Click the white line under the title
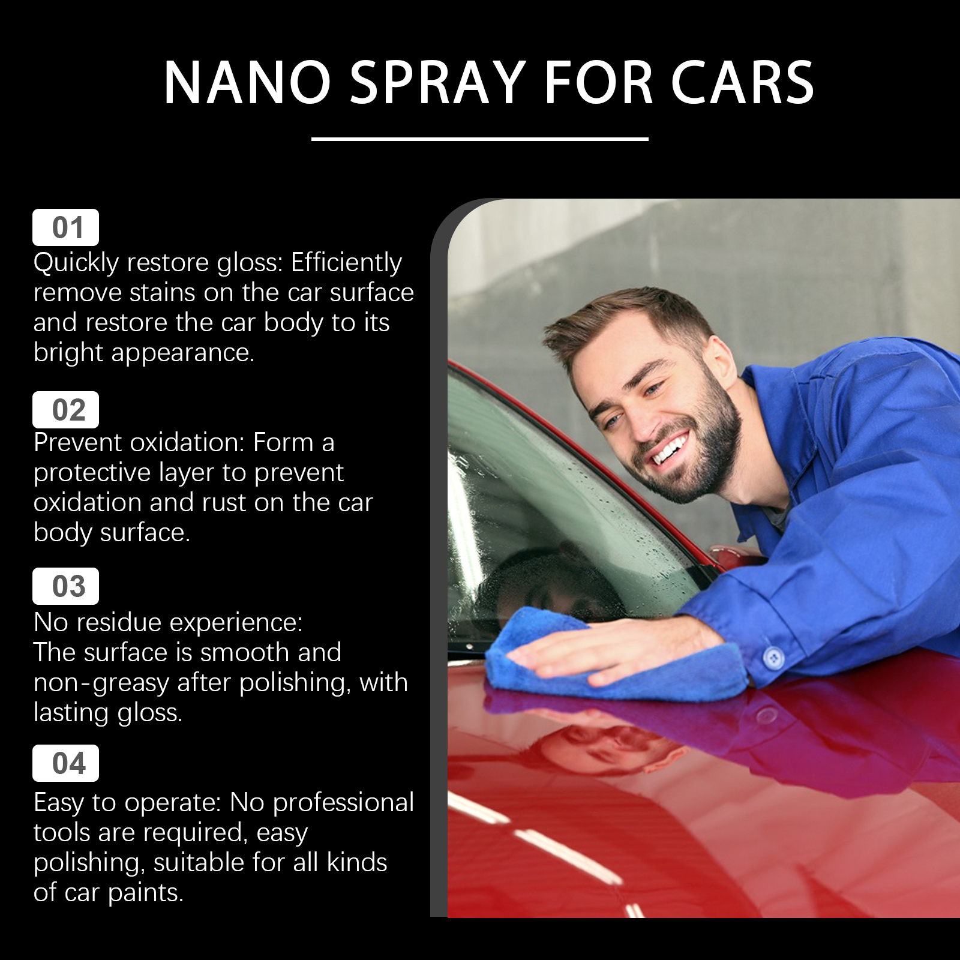[480, 139]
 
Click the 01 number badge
[65, 227]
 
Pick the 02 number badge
[65, 410]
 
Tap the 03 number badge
[65, 586]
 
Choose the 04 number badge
[65, 763]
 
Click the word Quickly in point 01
[76, 263]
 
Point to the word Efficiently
[347, 263]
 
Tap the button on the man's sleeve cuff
[773, 658]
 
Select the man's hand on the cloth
[618, 651]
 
